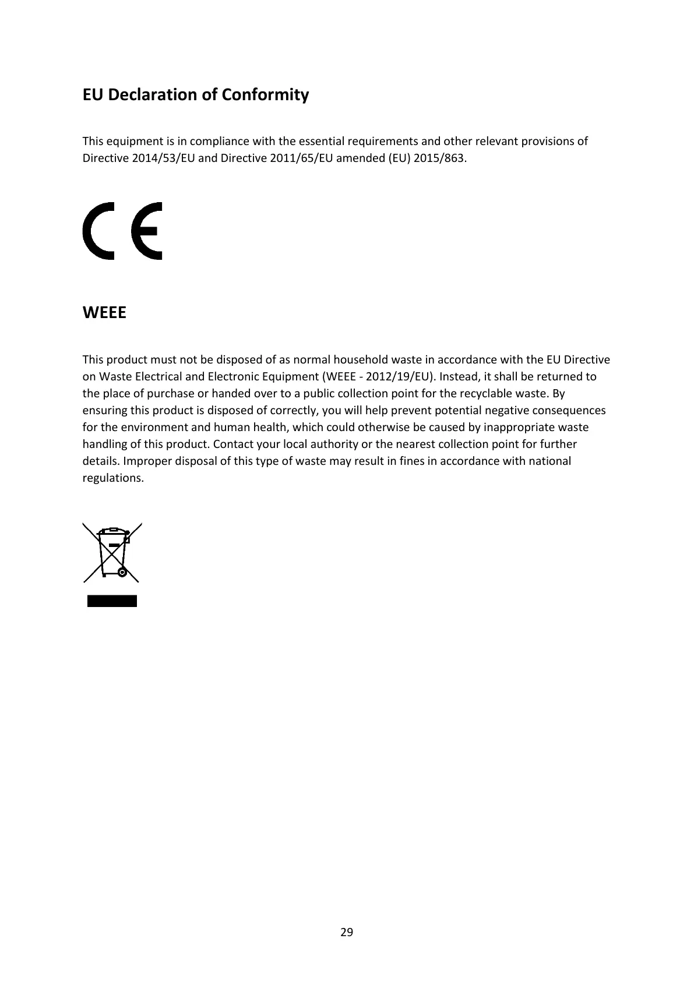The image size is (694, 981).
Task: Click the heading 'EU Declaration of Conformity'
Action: pyautogui.click(x=195, y=94)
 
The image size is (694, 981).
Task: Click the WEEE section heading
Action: pyautogui.click(x=104, y=313)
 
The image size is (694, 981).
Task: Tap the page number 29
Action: pyautogui.click(x=347, y=932)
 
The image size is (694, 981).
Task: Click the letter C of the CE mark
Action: pyautogui.click(x=98, y=231)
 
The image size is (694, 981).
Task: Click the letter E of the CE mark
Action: pyautogui.click(x=147, y=231)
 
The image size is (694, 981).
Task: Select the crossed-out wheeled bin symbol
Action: pyautogui.click(x=112, y=552)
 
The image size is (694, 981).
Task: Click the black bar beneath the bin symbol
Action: pyautogui.click(x=112, y=601)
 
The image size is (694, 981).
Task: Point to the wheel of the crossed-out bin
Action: pyautogui.click(x=122, y=573)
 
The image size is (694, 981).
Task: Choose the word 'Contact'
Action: pyautogui.click(x=234, y=444)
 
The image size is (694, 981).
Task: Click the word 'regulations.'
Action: pyautogui.click(x=113, y=478)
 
